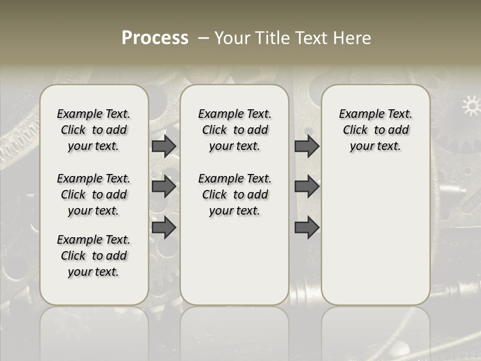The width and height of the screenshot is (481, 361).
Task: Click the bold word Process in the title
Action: click(x=155, y=38)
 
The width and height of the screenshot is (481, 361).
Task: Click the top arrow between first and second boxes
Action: click(x=164, y=146)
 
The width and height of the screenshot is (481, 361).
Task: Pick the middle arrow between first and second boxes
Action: click(x=164, y=187)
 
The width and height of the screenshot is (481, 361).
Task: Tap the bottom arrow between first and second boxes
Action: click(x=164, y=228)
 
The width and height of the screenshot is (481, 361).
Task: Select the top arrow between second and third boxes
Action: click(x=307, y=146)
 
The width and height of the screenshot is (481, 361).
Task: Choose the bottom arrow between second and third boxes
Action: click(x=307, y=228)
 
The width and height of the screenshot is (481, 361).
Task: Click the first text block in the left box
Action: click(x=94, y=130)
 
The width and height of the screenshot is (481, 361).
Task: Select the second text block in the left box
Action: click(x=94, y=195)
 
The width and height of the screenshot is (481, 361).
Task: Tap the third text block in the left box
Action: click(x=94, y=256)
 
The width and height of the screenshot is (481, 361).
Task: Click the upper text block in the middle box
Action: click(x=234, y=130)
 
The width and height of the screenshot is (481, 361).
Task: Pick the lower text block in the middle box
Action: click(x=234, y=195)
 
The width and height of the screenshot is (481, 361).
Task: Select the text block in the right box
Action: click(x=375, y=130)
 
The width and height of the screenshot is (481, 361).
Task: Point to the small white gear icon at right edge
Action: click(x=470, y=106)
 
